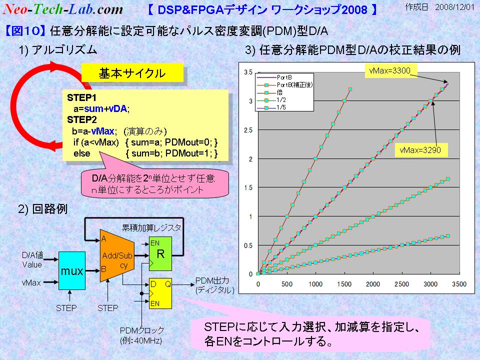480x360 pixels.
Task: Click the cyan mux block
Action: pyautogui.click(x=72, y=270)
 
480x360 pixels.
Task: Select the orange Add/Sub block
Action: pyautogui.click(x=117, y=256)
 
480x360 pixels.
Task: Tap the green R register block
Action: pyautogui.click(x=160, y=254)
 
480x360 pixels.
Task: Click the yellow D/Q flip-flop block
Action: pyautogui.click(x=160, y=293)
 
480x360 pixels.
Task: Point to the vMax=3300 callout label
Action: pyautogui.click(x=389, y=70)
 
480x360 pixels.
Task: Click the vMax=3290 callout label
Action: pyautogui.click(x=420, y=150)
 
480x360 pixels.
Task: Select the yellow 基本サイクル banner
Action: pyautogui.click(x=132, y=73)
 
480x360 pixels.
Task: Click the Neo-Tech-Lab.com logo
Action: pyautogui.click(x=63, y=9)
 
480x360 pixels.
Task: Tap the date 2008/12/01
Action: pyautogui.click(x=455, y=6)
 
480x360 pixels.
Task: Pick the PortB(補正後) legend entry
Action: pyautogui.click(x=284, y=85)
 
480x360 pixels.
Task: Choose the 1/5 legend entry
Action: pyautogui.click(x=271, y=107)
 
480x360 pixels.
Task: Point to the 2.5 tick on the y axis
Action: pyautogui.click(x=248, y=130)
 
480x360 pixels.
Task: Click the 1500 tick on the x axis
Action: pyautogui.click(x=344, y=284)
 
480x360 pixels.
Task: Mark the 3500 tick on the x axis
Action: pyautogui.click(x=459, y=284)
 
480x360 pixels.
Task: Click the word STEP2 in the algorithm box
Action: pyautogui.click(x=81, y=119)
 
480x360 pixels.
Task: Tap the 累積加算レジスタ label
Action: pyautogui.click(x=151, y=228)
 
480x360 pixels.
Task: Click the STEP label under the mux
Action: pyautogui.click(x=66, y=308)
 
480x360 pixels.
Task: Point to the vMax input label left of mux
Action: pyautogui.click(x=31, y=283)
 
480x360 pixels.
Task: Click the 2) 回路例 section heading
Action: pyautogui.click(x=42, y=209)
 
